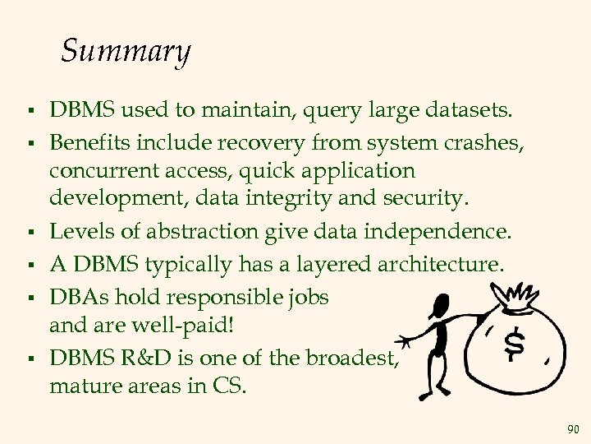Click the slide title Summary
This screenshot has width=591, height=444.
point(126,52)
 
